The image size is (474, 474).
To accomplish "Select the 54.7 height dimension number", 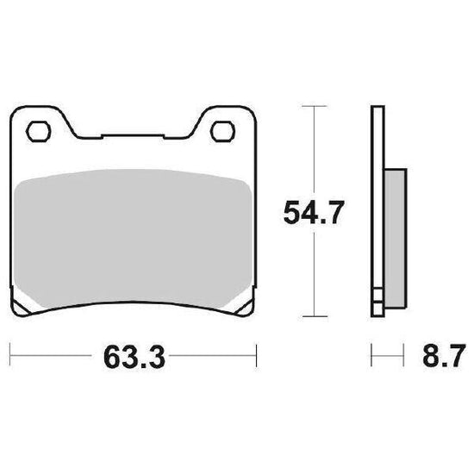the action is click(314, 212).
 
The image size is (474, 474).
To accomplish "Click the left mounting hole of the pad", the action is click(39, 132).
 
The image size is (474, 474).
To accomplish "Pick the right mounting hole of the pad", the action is click(223, 132).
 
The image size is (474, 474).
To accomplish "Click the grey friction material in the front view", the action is click(133, 239).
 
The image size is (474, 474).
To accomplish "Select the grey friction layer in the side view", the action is click(395, 239).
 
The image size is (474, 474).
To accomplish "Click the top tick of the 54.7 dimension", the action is click(315, 106).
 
